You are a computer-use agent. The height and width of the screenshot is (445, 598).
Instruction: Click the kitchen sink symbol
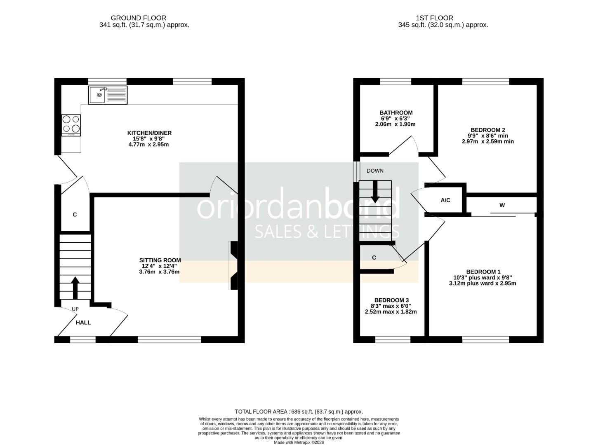(108, 95)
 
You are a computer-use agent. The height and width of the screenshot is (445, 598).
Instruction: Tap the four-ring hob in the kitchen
(71, 125)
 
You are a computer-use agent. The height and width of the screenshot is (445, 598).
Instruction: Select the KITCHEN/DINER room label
(149, 133)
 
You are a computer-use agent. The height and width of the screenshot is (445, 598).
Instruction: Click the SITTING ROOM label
(160, 260)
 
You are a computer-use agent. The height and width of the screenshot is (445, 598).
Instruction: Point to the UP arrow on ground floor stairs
(75, 288)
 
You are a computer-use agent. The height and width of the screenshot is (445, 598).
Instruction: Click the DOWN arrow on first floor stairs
(375, 192)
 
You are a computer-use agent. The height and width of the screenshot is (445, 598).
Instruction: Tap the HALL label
(83, 323)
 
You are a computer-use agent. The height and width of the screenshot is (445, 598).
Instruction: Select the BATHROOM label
(396, 113)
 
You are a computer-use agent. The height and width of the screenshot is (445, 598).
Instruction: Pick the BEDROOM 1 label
(483, 272)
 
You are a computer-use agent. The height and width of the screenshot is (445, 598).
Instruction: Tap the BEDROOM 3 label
(391, 300)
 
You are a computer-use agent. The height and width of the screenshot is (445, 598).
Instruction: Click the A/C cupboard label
(445, 201)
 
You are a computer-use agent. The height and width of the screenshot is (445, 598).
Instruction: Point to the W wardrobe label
(502, 205)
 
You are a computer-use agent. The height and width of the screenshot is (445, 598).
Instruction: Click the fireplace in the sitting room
(233, 265)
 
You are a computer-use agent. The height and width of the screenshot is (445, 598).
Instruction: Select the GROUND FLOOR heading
(138, 18)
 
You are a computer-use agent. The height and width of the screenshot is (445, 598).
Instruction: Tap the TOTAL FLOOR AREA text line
(299, 412)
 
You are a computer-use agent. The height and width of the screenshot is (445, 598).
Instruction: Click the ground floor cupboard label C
(75, 215)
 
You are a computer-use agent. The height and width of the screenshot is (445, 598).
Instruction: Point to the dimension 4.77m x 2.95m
(149, 145)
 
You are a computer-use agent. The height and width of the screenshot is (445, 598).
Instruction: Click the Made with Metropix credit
(299, 443)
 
